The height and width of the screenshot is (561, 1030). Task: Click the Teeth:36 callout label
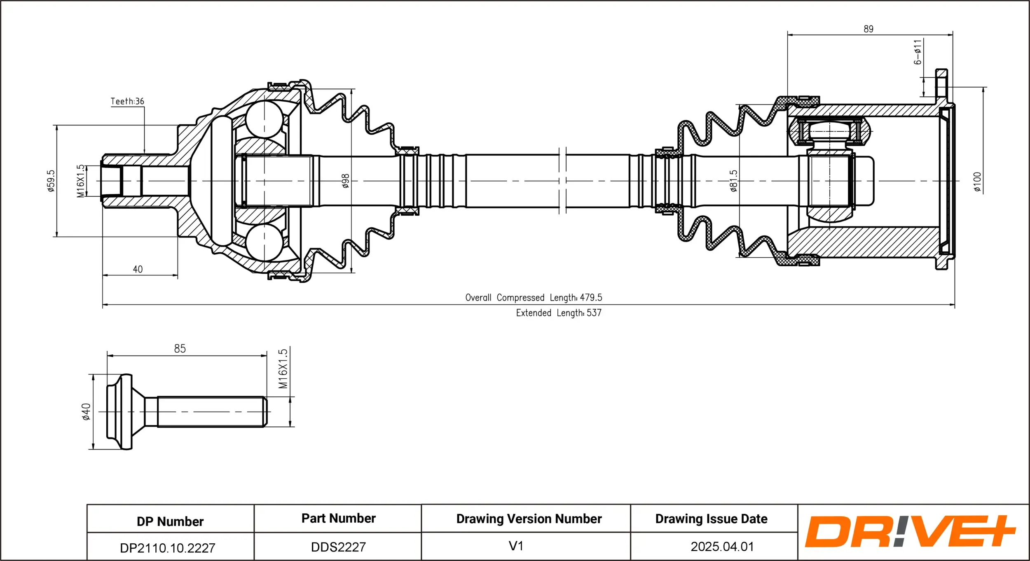(127, 101)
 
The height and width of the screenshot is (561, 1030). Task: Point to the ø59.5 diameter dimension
(51, 181)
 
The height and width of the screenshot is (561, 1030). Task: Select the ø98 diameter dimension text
(345, 181)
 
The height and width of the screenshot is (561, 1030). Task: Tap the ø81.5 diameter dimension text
(733, 181)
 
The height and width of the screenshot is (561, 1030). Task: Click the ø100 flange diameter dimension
(977, 182)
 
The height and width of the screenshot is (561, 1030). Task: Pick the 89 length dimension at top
(868, 29)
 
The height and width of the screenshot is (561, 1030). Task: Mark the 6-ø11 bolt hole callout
(918, 52)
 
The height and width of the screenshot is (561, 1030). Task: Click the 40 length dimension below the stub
(138, 270)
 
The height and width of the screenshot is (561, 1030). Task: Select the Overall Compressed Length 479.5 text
(534, 298)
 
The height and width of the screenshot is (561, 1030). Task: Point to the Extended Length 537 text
(558, 313)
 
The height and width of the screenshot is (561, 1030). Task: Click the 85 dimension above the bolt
(180, 349)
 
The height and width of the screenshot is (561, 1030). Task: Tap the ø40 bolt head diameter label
(86, 412)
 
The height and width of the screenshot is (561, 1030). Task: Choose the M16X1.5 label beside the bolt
(283, 369)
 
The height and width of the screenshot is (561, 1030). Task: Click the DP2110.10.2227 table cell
(168, 548)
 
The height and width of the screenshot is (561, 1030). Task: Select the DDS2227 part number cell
(338, 547)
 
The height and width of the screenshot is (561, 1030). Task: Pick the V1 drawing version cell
(516, 546)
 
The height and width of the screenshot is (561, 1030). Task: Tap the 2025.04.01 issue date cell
(722, 547)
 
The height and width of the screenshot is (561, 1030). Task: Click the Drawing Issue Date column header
(711, 519)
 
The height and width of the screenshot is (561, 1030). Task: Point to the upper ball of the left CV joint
(264, 119)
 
